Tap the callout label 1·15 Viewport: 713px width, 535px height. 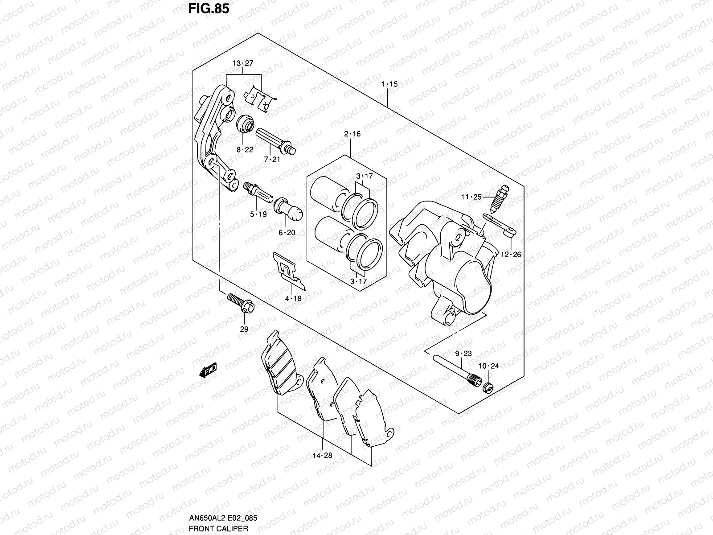tap(389, 84)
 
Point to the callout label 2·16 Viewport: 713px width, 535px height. tap(352, 134)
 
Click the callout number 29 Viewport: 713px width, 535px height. tap(244, 329)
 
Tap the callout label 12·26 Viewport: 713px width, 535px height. tap(511, 255)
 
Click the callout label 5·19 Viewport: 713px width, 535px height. tap(258, 214)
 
